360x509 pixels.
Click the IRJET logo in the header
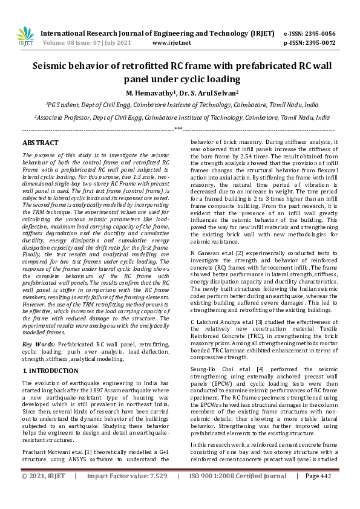(25, 36)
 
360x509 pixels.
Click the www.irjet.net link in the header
(171, 43)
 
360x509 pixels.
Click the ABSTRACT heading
(41, 143)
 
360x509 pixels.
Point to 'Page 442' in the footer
(318, 493)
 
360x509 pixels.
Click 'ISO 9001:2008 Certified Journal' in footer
(238, 493)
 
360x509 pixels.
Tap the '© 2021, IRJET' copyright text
(44, 493)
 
